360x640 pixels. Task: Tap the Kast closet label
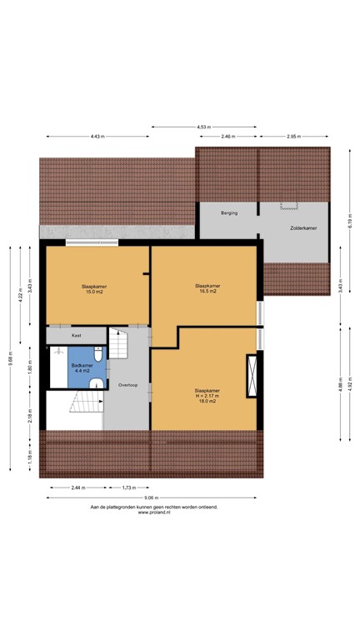point(76,336)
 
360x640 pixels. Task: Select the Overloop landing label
point(127,385)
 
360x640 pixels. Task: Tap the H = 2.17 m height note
point(206,396)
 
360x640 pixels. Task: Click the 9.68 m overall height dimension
point(10,357)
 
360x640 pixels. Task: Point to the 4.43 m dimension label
point(97,136)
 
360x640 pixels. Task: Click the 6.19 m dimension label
point(350,220)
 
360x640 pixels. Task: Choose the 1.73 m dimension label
point(127,487)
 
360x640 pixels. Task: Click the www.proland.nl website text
point(154,513)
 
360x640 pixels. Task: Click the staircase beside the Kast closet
point(122,342)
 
